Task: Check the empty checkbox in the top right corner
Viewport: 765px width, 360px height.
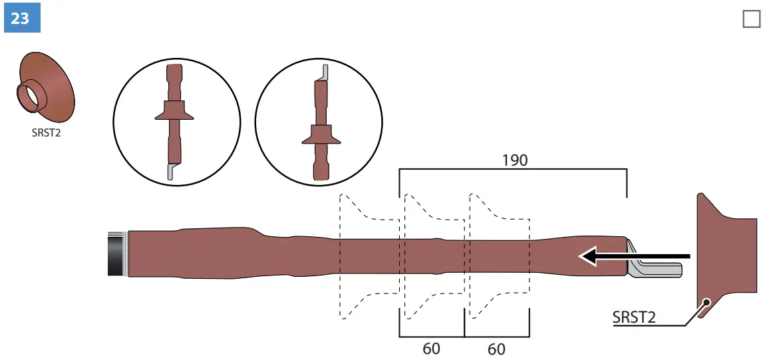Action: pyautogui.click(x=751, y=19)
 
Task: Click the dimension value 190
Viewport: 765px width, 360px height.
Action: pyautogui.click(x=514, y=160)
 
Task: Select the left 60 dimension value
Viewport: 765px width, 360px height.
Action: pyautogui.click(x=431, y=348)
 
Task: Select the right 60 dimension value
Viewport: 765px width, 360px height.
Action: pyautogui.click(x=496, y=348)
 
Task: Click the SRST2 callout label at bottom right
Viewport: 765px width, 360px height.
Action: pyautogui.click(x=633, y=317)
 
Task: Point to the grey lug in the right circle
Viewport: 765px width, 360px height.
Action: pyautogui.click(x=324, y=72)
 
